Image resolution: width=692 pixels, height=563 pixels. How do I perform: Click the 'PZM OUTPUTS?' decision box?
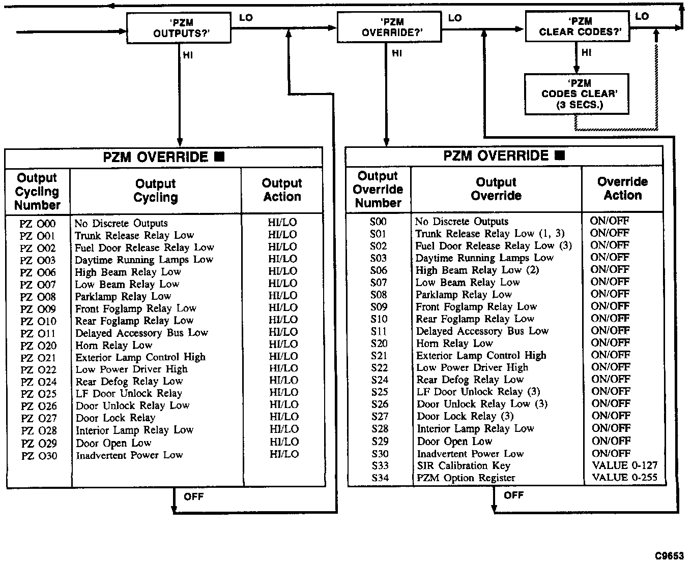point(179,28)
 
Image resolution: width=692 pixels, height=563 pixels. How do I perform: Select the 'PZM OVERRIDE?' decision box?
point(389,27)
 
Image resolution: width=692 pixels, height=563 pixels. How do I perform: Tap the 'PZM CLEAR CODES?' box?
point(577,27)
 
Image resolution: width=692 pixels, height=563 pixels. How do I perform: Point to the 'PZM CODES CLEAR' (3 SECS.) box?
point(576,94)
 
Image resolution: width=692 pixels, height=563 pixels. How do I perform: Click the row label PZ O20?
point(38,346)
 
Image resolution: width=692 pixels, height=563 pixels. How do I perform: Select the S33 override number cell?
point(379,465)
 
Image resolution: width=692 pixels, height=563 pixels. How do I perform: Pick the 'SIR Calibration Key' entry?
point(463,465)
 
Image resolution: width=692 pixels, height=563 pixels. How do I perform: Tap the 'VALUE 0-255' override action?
point(624,478)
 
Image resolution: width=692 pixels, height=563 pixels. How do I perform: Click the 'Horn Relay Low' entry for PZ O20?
point(114,345)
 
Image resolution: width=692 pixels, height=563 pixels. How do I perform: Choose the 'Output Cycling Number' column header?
point(37,192)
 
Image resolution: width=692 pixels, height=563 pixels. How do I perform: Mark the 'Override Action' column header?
point(622,189)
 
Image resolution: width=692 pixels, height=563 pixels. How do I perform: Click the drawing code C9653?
point(670,555)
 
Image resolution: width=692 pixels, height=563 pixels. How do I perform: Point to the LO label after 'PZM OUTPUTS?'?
point(246,18)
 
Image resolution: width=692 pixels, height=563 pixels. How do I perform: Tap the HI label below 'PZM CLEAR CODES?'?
point(586,52)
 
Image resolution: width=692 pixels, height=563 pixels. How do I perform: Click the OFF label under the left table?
point(193,496)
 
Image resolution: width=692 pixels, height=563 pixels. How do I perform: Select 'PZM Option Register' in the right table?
point(466,478)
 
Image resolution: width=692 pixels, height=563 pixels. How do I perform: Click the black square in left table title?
point(219,157)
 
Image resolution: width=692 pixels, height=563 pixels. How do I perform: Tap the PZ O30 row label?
point(39,456)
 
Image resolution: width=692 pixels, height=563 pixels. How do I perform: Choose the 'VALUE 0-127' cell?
point(624,465)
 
